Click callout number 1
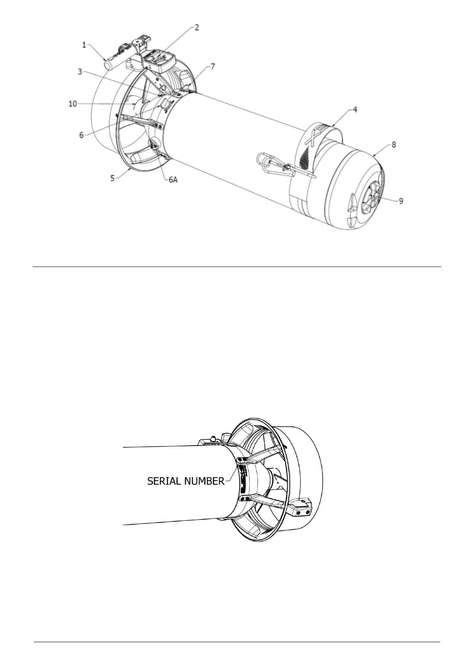pyautogui.click(x=84, y=45)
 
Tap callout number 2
pyautogui.click(x=197, y=27)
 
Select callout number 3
pyautogui.click(x=80, y=72)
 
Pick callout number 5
pyautogui.click(x=113, y=178)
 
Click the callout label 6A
pyautogui.click(x=172, y=179)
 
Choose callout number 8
pyautogui.click(x=394, y=145)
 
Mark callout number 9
pyautogui.click(x=401, y=201)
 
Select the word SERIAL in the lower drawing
pyautogui.click(x=162, y=481)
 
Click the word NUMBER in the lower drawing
pyautogui.click(x=203, y=481)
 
